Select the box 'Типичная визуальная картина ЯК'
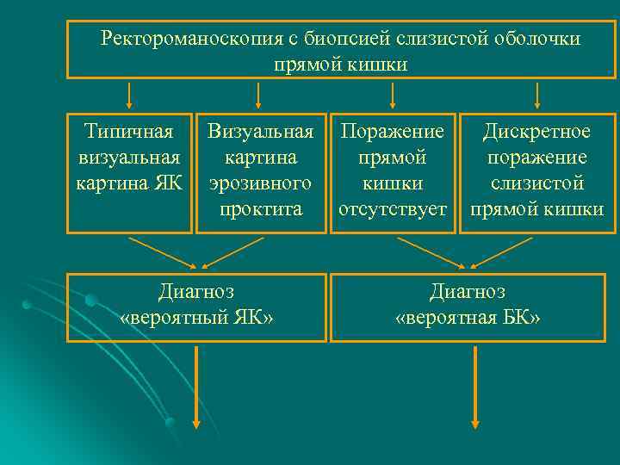[129, 172]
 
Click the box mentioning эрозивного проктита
[261, 172]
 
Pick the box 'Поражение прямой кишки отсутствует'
[393, 172]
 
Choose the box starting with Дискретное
[537, 172]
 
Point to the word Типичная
[129, 132]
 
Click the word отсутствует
[393, 209]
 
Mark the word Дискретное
[536, 132]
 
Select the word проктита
[261, 209]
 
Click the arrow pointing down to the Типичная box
[129, 94]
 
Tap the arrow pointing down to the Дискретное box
[537, 94]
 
